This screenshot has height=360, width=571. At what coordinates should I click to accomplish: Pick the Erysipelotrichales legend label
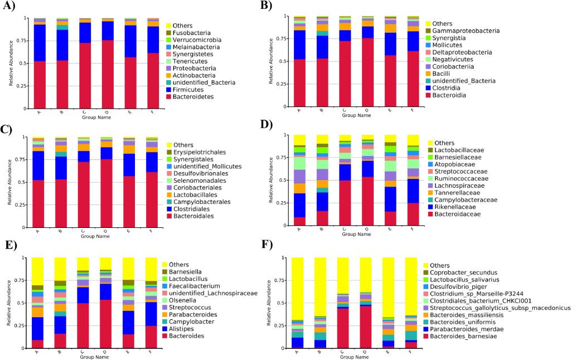196,152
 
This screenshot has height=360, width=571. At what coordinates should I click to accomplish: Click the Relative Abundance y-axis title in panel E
8,303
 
